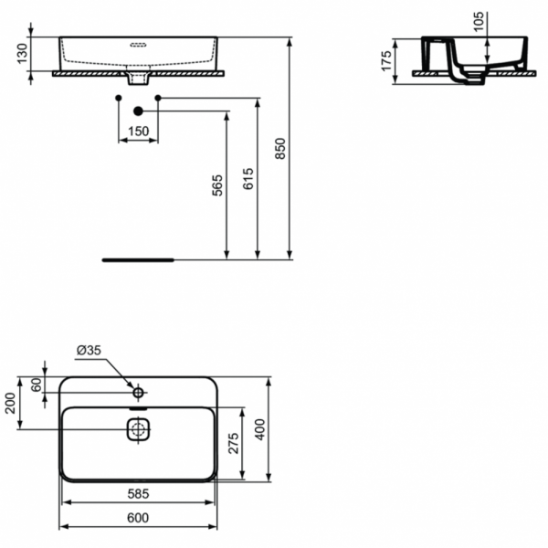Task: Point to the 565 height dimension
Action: coord(216,185)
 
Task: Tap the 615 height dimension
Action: coord(248,179)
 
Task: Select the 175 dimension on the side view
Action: coord(386,61)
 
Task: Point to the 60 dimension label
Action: coord(36,385)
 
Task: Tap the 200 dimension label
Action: coord(11,403)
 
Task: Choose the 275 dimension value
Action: coord(233,443)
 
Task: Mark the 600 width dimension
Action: coord(138,518)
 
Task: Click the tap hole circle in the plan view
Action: coord(138,393)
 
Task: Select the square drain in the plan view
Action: coord(138,429)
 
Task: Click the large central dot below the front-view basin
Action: coord(139,111)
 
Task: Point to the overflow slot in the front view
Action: coord(139,42)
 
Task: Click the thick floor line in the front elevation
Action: coord(138,259)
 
